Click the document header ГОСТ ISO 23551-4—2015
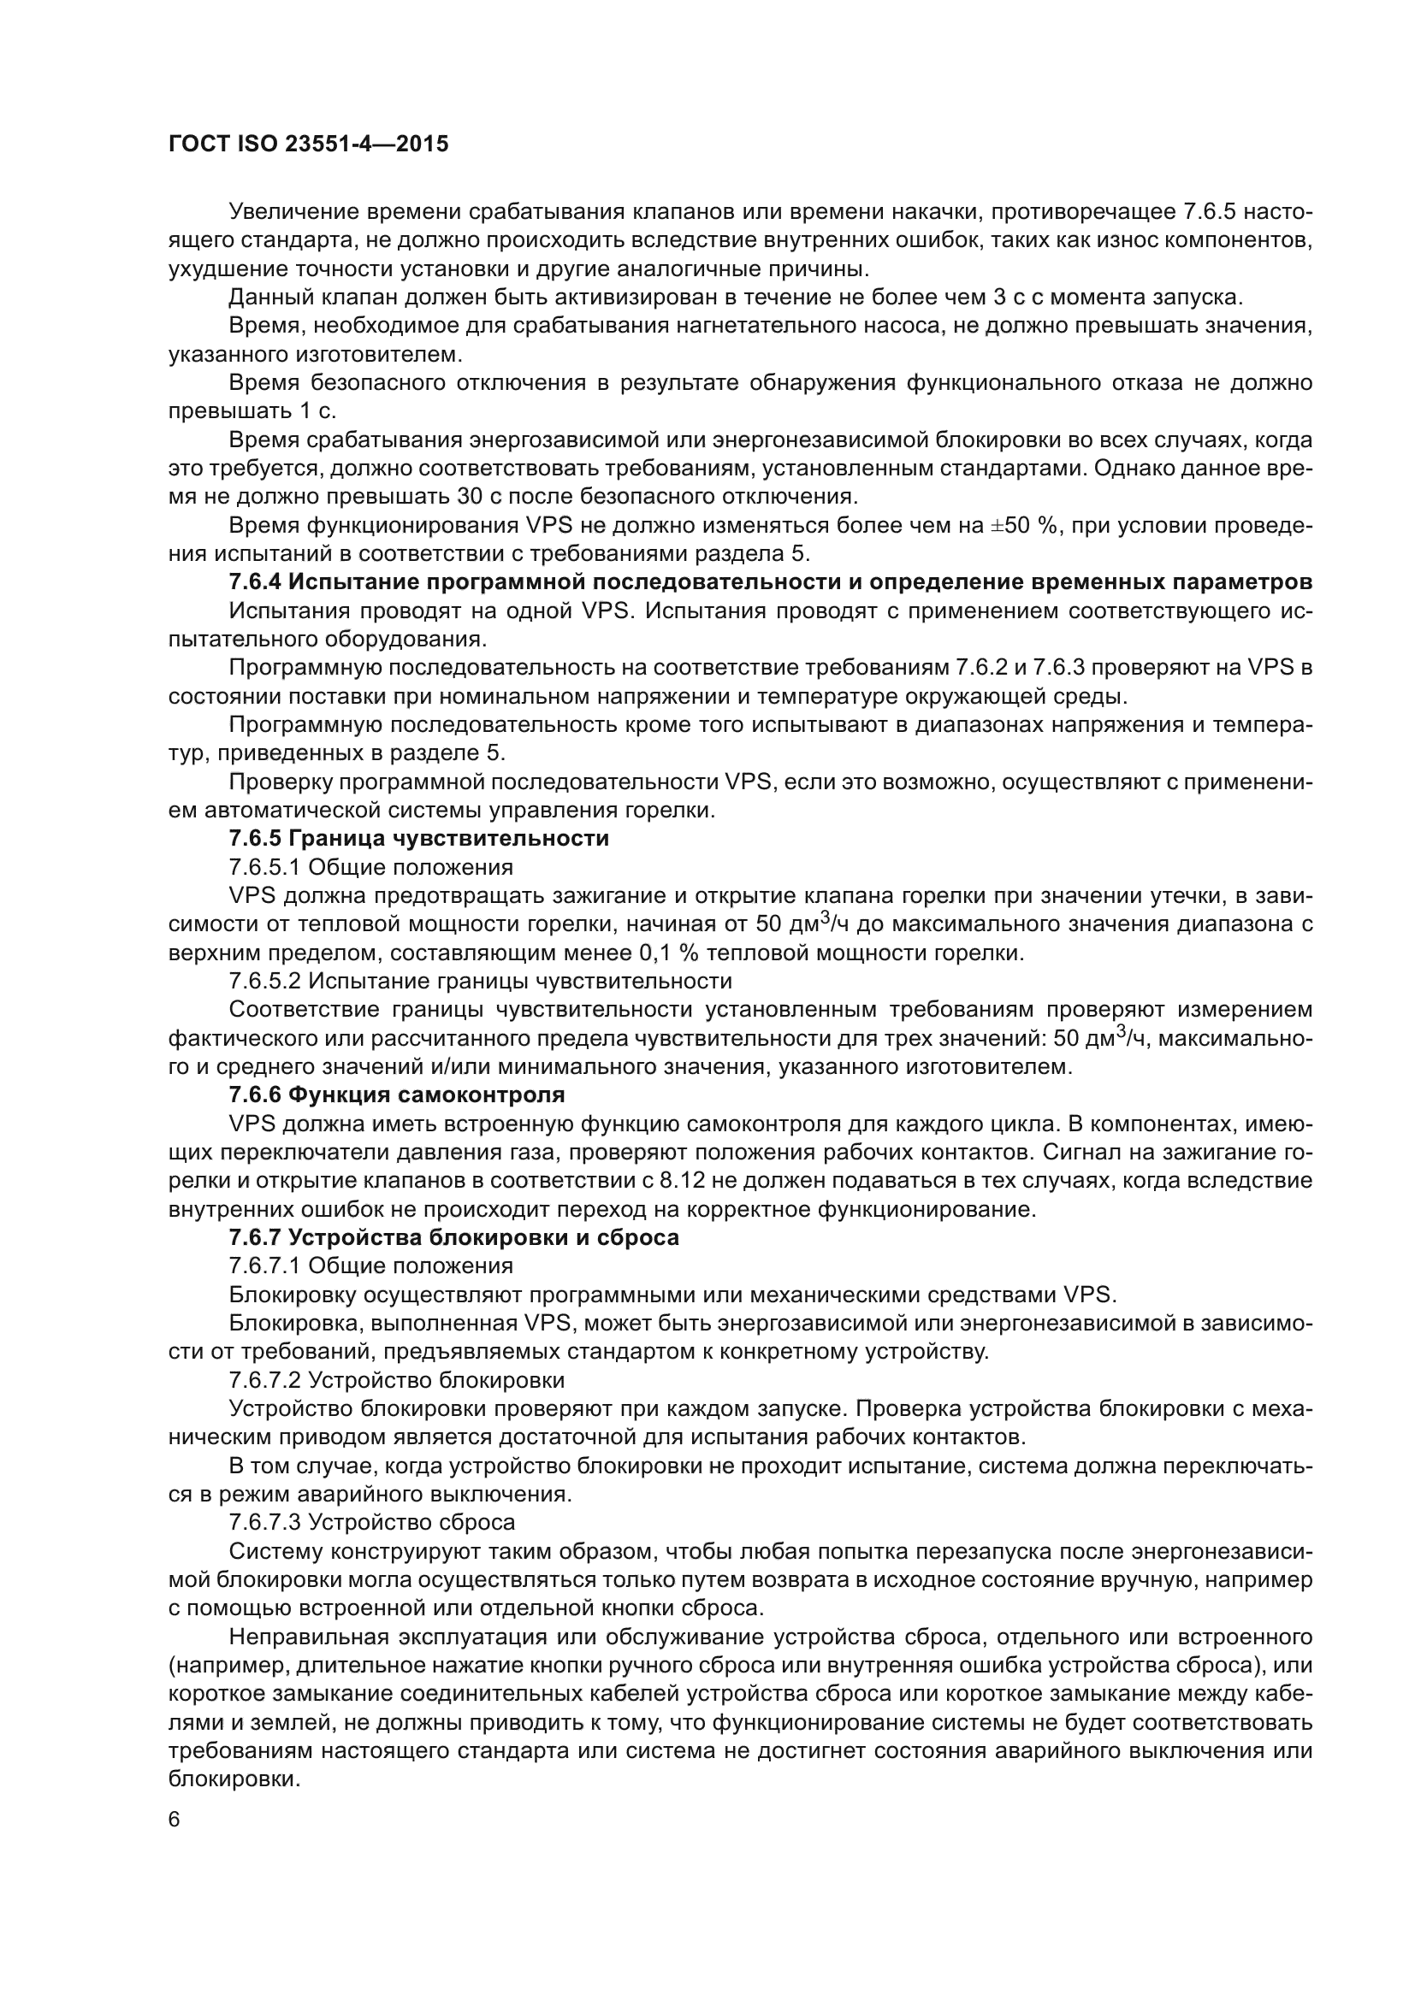(x=309, y=144)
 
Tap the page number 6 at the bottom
(x=175, y=1819)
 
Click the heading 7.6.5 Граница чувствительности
(x=418, y=838)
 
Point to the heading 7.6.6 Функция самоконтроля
(x=396, y=1094)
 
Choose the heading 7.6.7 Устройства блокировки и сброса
(x=453, y=1237)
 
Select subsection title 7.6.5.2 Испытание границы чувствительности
(x=480, y=981)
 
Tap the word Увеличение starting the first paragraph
(x=293, y=212)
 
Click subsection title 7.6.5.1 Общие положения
(x=370, y=867)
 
